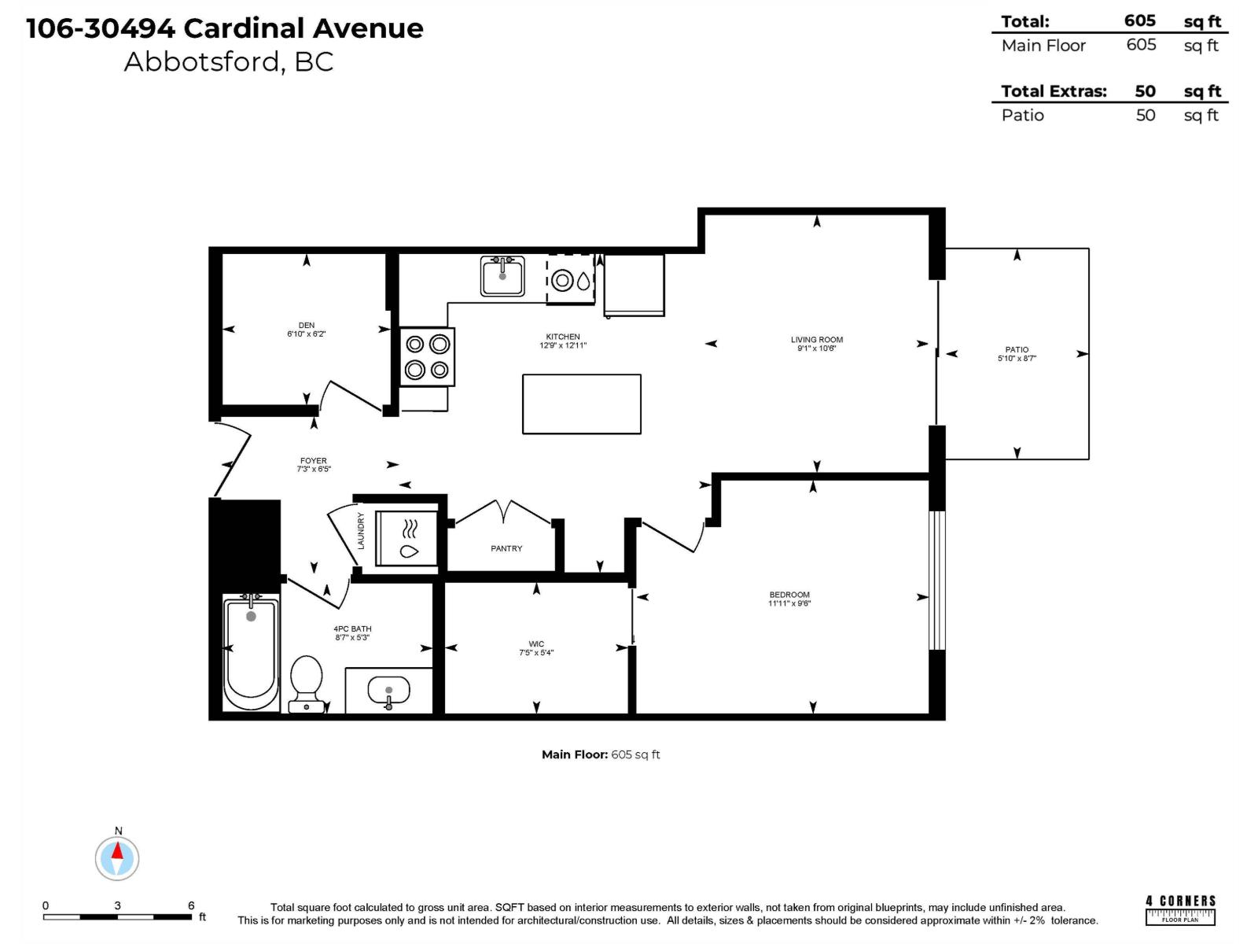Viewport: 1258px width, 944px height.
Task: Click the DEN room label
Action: (x=307, y=325)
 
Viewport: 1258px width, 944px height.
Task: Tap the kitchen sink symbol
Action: (x=502, y=276)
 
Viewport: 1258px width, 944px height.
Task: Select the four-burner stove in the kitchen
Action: (x=427, y=356)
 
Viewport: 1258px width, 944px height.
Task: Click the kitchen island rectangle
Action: (x=581, y=404)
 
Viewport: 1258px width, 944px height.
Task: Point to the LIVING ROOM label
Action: (x=816, y=340)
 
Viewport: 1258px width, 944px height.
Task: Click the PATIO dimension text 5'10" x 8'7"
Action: (x=1017, y=359)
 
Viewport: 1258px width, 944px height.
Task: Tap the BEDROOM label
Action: (x=789, y=595)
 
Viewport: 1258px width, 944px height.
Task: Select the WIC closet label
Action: (x=536, y=643)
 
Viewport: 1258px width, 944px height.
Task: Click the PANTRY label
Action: (x=506, y=548)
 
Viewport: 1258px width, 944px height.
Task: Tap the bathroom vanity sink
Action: (x=389, y=691)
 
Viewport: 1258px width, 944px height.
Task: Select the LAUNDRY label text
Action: (x=361, y=530)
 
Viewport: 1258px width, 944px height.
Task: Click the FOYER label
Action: (x=313, y=461)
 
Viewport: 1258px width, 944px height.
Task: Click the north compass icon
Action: (x=117, y=857)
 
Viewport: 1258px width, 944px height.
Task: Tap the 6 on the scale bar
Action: (x=191, y=905)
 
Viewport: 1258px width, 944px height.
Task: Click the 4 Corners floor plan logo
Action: (x=1180, y=909)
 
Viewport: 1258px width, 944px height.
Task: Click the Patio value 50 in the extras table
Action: (x=1145, y=115)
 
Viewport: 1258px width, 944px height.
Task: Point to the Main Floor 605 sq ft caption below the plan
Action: (x=601, y=754)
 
